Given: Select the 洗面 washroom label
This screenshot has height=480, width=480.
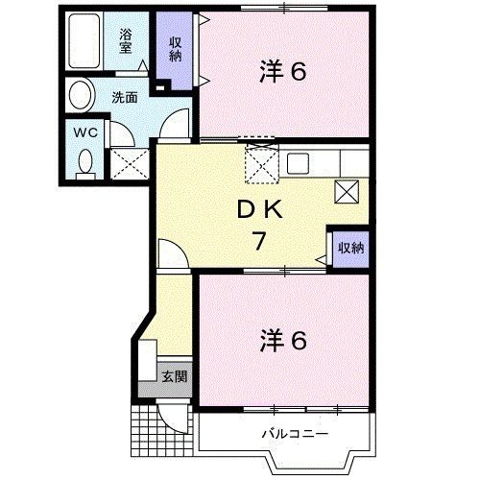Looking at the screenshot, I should [125, 97].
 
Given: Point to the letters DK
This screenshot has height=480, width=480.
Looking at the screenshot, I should [257, 209].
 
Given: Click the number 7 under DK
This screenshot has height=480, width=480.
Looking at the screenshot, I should [258, 242].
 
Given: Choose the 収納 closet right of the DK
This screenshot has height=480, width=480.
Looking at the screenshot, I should [350, 249].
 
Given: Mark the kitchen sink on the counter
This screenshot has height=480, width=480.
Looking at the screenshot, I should [297, 161].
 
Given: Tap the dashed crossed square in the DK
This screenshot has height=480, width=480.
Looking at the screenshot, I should [260, 165].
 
